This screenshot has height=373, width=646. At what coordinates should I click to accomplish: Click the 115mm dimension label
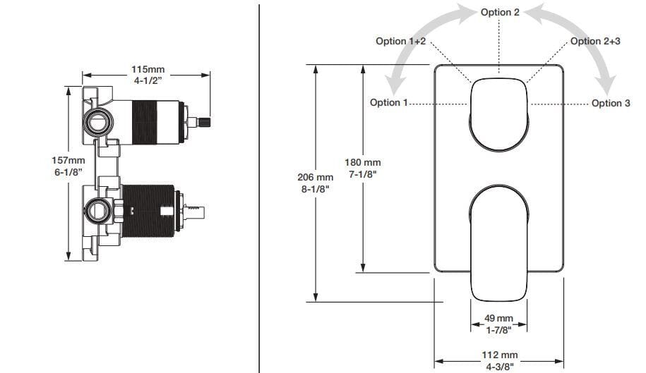pos(148,69)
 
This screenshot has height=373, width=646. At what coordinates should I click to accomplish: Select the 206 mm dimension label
pos(315,177)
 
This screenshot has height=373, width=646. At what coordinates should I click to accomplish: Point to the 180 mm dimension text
pos(362,163)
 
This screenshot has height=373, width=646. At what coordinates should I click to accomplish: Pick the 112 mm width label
pos(499,354)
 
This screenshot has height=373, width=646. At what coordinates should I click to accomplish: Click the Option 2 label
pos(500,12)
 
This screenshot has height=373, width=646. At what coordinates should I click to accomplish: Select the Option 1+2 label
pos(400,42)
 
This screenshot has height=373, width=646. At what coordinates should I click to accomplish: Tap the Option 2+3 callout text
pos(595,42)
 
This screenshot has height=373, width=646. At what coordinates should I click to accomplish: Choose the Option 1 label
pos(389,103)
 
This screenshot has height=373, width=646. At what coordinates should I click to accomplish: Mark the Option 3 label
pos(611,103)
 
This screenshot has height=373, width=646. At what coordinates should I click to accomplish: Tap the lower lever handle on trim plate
pos(499,240)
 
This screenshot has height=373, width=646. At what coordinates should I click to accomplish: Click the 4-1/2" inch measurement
pos(148,80)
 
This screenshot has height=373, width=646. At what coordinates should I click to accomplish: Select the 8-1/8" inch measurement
pos(315,188)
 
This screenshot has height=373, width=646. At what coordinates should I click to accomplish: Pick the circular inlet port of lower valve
pos(97,209)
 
